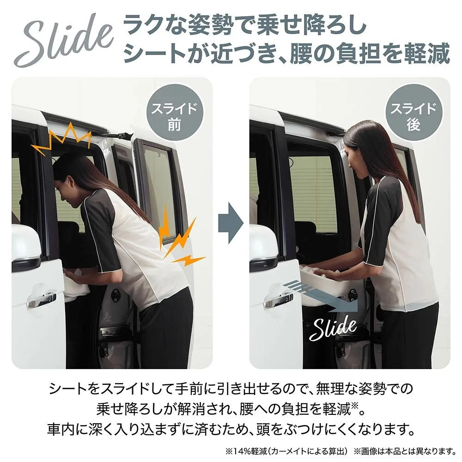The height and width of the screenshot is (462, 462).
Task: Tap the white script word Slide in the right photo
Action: tap(333, 328)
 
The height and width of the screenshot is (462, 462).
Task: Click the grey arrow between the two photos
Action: tap(231, 223)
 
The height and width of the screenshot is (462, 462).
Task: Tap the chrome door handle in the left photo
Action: tap(41, 300)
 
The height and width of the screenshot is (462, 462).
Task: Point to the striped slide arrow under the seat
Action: tap(321, 296)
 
